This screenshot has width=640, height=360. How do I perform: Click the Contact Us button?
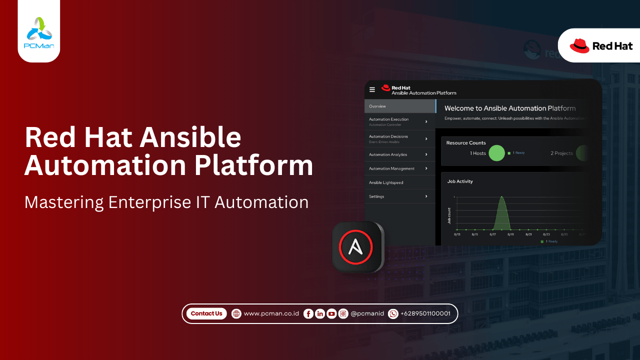coord(206,313)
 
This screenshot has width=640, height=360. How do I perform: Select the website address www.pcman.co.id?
coord(271,313)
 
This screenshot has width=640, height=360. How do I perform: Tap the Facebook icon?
coord(308,313)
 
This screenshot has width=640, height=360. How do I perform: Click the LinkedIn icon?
coord(320,313)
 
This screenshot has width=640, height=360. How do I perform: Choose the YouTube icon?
coord(331,313)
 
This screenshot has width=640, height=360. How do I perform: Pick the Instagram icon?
coord(343,313)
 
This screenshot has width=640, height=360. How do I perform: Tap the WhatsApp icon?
coord(393,313)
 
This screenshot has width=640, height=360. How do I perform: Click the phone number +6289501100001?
coord(425,313)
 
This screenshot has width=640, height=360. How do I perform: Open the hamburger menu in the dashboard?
coord(372,89)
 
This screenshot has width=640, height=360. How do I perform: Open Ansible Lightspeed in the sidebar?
coord(386,182)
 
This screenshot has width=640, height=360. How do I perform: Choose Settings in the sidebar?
coord(376,196)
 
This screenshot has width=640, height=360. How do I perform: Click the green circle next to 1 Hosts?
coord(496,153)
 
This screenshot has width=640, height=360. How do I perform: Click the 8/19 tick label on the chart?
coord(510,234)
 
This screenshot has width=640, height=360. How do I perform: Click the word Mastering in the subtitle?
coord(64,202)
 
